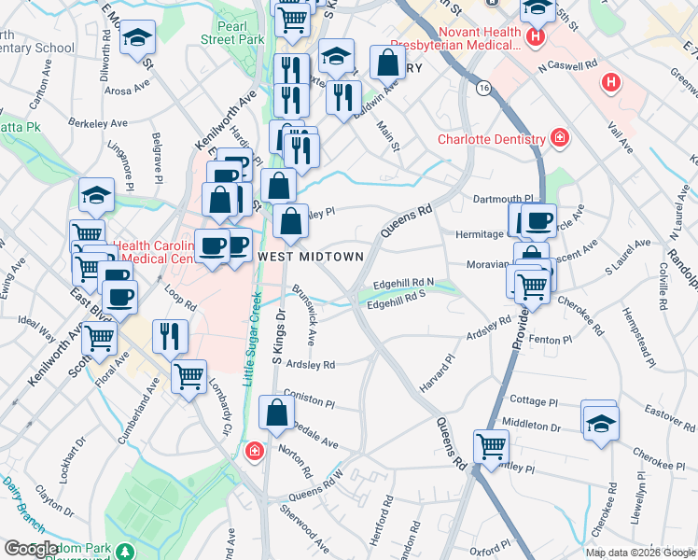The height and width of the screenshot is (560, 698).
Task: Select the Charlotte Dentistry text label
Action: (492, 140)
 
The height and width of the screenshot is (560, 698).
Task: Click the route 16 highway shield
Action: (482, 88)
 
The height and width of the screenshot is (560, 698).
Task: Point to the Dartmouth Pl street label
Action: (501, 199)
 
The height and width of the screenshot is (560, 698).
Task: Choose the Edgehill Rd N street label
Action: (404, 281)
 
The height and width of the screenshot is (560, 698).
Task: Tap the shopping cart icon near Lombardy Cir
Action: (189, 376)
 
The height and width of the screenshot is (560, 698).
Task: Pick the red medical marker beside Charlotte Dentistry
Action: (559, 138)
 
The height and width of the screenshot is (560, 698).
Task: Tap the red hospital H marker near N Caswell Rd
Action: (611, 83)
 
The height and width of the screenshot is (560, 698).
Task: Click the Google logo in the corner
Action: (31, 549)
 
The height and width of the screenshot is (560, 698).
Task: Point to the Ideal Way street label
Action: (36, 328)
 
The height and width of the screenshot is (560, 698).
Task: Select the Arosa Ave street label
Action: (128, 91)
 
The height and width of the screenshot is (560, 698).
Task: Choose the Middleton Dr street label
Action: (543, 426)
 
